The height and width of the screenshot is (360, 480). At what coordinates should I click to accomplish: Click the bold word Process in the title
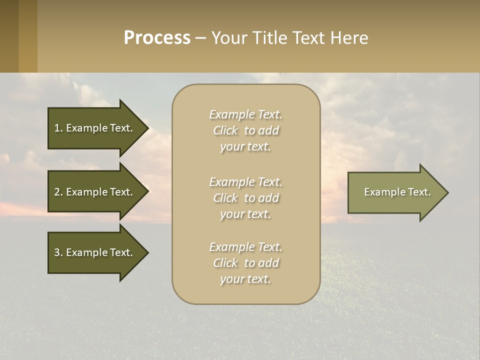coord(157,38)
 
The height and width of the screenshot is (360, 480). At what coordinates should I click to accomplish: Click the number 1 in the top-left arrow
coord(57,128)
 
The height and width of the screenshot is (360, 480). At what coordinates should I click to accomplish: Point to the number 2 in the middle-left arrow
coord(57,192)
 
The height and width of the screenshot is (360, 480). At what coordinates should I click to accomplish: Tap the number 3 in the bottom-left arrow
coord(57,252)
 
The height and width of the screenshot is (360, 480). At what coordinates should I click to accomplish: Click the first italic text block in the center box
coord(245,130)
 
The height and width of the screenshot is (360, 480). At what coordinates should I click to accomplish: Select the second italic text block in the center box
coord(245,198)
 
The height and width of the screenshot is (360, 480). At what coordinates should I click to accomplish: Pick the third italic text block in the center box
coord(245,263)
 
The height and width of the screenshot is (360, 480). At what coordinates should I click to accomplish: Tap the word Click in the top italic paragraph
coord(225,130)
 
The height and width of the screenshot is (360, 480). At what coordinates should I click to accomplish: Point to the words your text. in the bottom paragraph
coord(245,279)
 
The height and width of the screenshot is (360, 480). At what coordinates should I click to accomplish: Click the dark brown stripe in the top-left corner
coord(9,36)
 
